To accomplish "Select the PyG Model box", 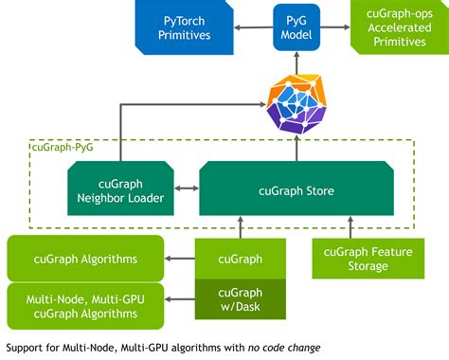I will point(296,26).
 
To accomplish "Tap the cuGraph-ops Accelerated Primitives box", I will point(399,27).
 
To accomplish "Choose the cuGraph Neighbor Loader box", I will point(117,189).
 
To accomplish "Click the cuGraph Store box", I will point(296,189).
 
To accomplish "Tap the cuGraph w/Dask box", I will point(241,301).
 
